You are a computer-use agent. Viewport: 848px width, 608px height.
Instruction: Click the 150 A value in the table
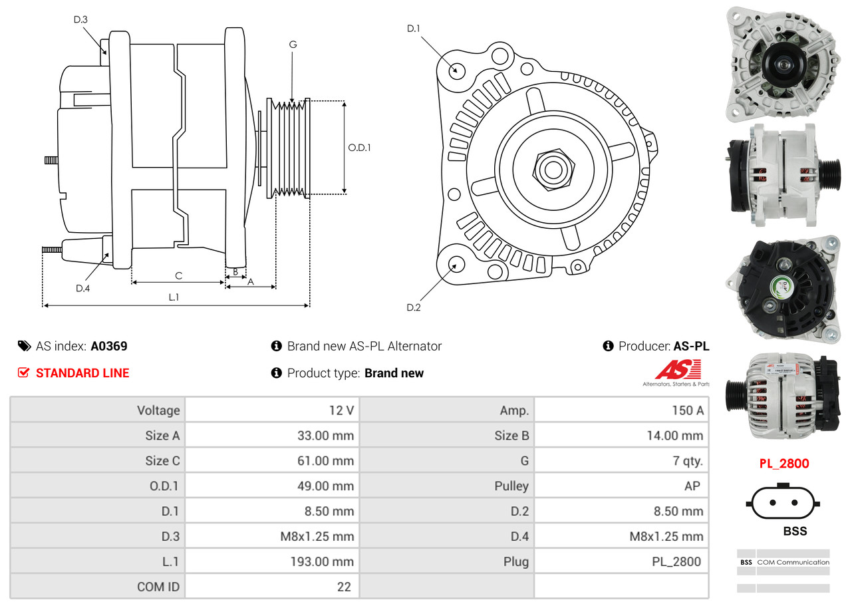point(687,410)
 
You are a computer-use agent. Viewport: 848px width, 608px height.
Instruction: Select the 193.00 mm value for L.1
point(325,561)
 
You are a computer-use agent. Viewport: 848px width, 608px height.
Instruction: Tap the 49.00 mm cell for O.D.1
point(325,486)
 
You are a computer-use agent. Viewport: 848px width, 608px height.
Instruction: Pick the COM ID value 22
point(345,587)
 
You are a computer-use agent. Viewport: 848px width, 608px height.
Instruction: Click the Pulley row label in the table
point(511,486)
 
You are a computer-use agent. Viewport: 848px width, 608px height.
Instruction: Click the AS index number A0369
point(109,346)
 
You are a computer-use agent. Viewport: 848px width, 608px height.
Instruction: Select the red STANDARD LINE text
point(82,373)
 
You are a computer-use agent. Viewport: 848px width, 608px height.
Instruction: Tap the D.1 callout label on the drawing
point(414,28)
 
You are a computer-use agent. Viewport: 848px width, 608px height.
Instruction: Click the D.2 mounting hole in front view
point(456,264)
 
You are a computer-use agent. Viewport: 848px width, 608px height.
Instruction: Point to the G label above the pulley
point(293,45)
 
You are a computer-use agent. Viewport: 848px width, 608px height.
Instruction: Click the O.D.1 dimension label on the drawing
point(359,148)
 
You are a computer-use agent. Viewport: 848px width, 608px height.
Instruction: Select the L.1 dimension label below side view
point(173,297)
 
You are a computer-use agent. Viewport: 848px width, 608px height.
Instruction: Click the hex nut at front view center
point(552,169)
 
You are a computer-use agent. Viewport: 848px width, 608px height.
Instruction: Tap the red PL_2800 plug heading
point(784,464)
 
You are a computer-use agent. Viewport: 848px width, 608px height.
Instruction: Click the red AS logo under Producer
point(678,371)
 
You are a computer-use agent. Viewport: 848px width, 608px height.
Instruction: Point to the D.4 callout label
point(82,288)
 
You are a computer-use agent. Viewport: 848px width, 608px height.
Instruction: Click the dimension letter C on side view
point(178,275)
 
